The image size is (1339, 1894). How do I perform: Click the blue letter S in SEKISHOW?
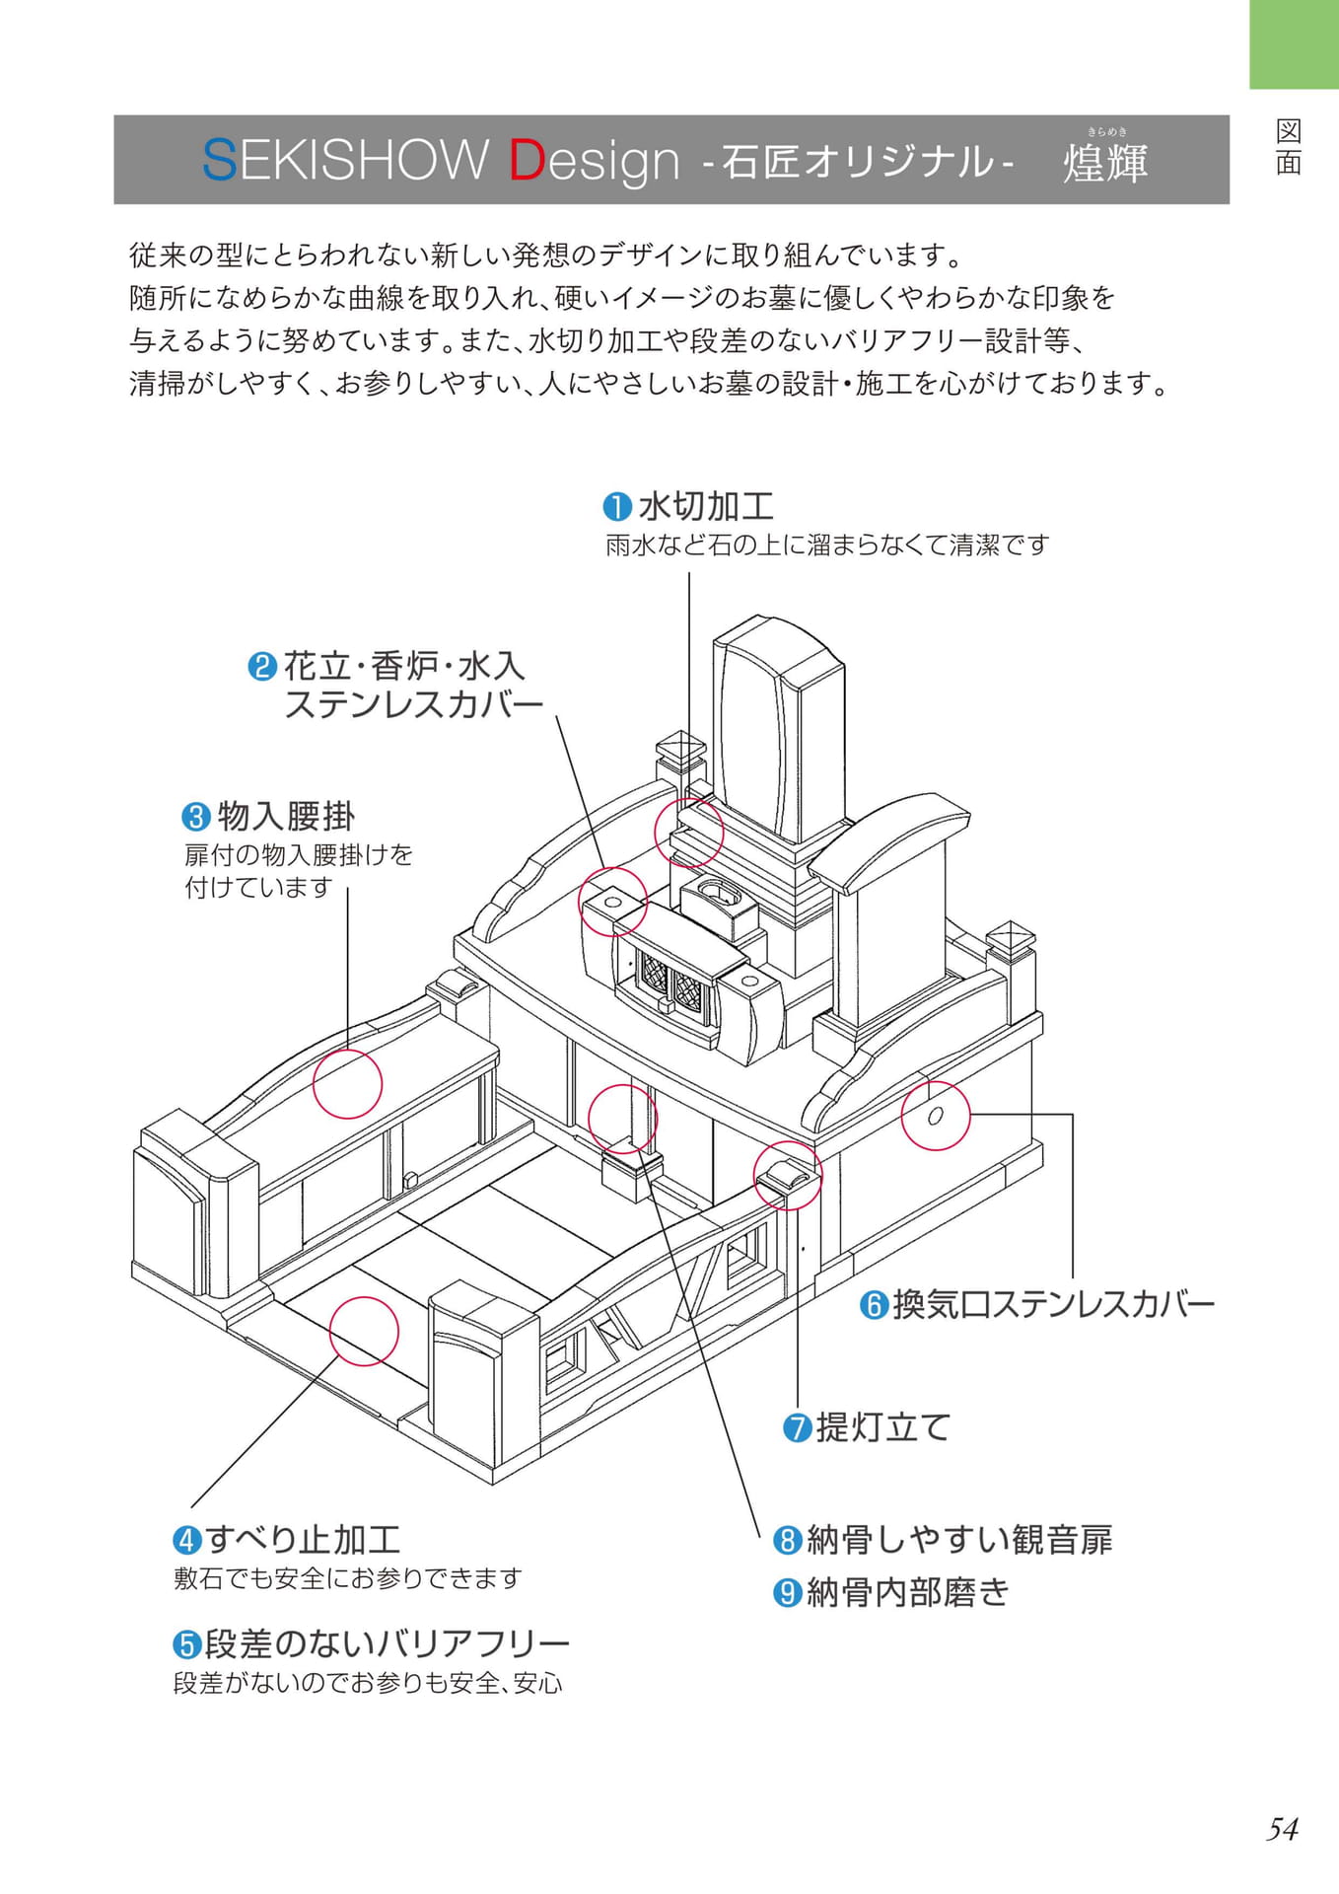(x=219, y=160)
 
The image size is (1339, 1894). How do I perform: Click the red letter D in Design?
(x=527, y=160)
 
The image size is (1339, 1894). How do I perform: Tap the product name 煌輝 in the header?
(x=1105, y=163)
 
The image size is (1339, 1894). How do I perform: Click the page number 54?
(x=1282, y=1829)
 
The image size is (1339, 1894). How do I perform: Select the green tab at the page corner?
(x=1294, y=44)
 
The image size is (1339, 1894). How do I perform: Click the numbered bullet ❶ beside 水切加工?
(x=617, y=507)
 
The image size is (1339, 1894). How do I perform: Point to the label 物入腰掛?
(x=286, y=816)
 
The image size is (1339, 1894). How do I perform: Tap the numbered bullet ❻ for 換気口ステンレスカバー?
(x=874, y=1305)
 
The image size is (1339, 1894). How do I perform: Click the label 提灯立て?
(x=882, y=1426)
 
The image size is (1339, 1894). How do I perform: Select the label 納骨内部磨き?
(x=908, y=1592)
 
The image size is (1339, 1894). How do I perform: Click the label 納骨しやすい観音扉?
(x=959, y=1539)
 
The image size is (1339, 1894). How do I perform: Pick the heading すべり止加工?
(x=303, y=1539)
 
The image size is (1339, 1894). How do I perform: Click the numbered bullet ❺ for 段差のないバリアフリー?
(x=187, y=1644)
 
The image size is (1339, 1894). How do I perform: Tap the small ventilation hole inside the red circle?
(x=936, y=1116)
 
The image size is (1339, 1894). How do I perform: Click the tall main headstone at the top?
(x=778, y=730)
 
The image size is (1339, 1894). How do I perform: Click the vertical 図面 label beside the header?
(x=1288, y=147)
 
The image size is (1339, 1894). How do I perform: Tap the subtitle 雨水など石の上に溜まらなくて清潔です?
(x=826, y=545)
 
